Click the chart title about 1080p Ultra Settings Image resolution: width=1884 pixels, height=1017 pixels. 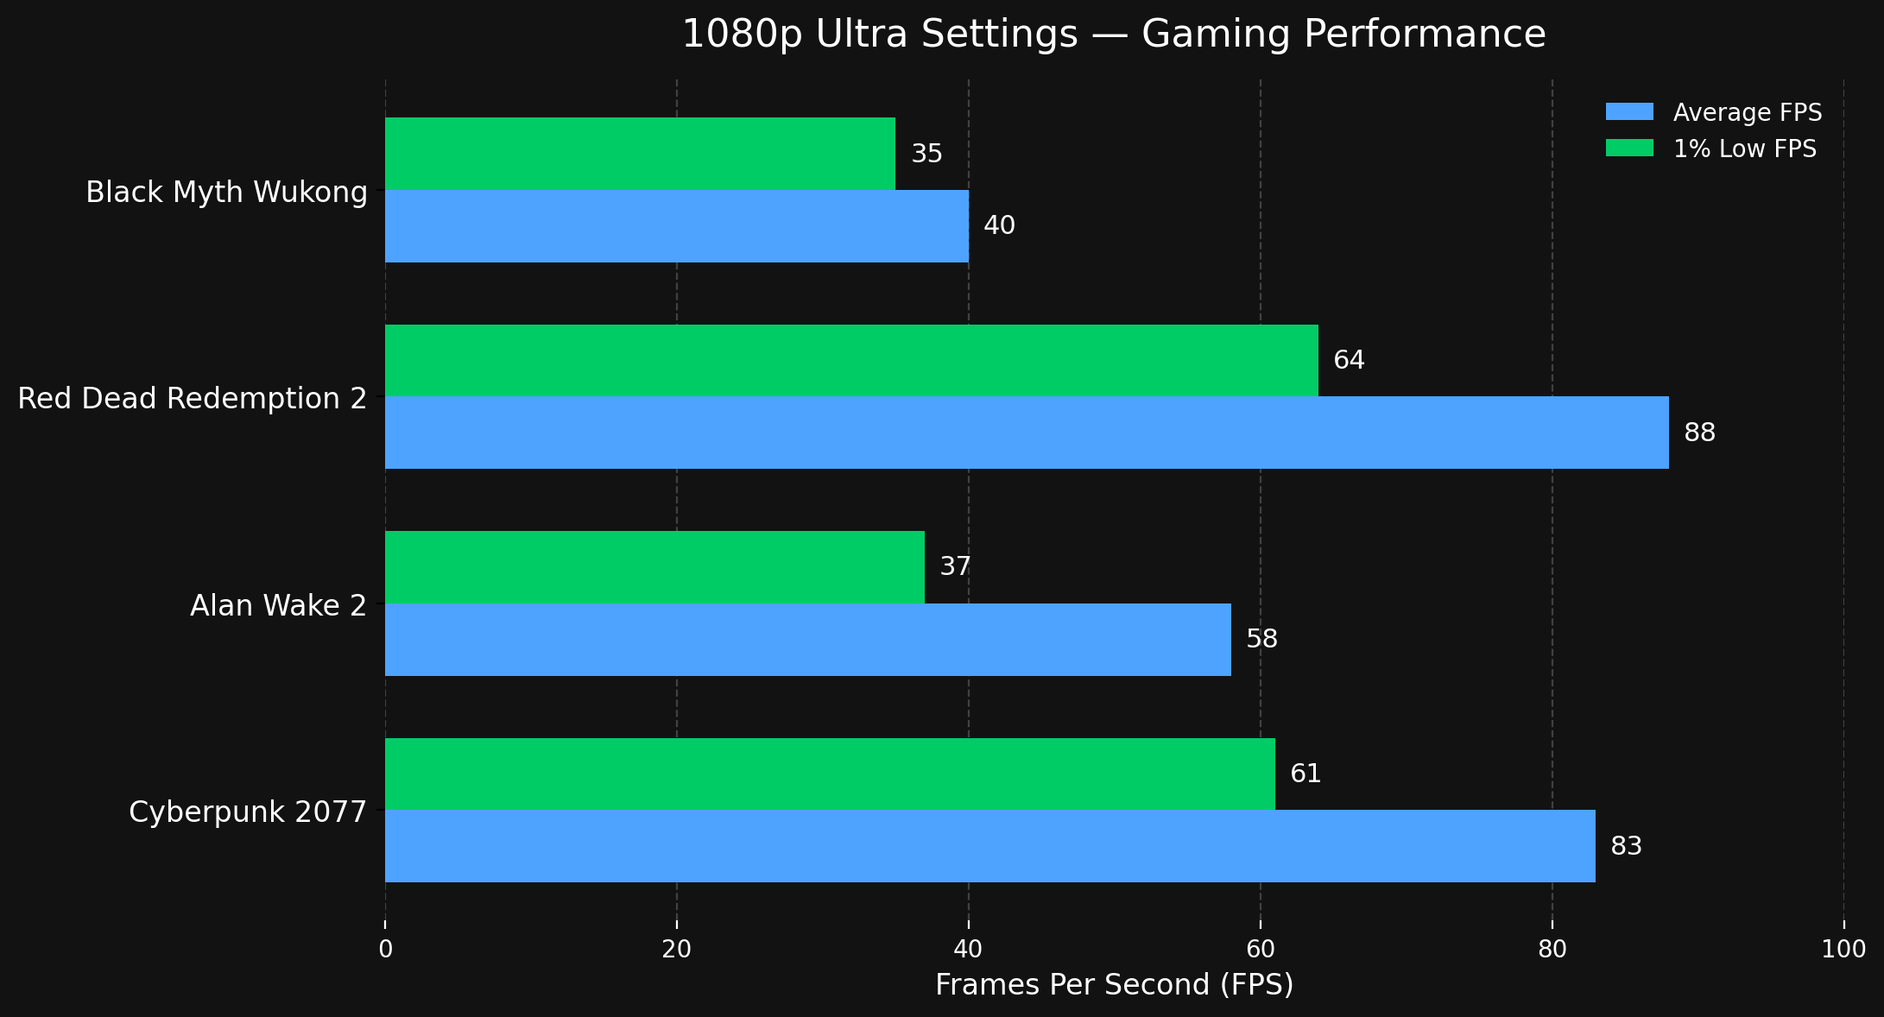tap(1114, 35)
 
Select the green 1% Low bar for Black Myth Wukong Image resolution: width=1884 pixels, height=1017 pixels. tap(640, 154)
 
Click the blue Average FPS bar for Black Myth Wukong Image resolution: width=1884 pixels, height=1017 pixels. tap(677, 226)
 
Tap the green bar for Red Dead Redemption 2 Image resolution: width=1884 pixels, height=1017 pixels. tap(851, 360)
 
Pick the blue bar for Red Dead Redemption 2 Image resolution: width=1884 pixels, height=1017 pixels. tap(1027, 433)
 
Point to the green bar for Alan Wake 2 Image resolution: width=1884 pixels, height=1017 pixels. tap(654, 567)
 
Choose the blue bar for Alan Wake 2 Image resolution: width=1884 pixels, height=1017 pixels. tap(807, 640)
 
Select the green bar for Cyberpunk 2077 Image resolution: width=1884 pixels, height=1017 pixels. tap(830, 774)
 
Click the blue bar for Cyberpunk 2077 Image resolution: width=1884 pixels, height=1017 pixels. tap(989, 846)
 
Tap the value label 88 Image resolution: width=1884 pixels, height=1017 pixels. tap(1699, 433)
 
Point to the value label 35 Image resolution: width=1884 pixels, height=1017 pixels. tap(927, 155)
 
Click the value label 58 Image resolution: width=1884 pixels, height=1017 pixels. tap(1261, 640)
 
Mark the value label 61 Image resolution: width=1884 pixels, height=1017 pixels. tap(1306, 774)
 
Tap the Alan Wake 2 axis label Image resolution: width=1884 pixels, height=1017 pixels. tap(278, 606)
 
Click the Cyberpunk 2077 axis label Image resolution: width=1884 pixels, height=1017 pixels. tap(248, 812)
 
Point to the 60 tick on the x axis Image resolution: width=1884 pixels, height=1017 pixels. tap(1261, 950)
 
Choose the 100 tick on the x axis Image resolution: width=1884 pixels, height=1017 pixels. tap(1843, 950)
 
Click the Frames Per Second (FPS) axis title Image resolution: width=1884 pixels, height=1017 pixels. tap(1114, 985)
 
